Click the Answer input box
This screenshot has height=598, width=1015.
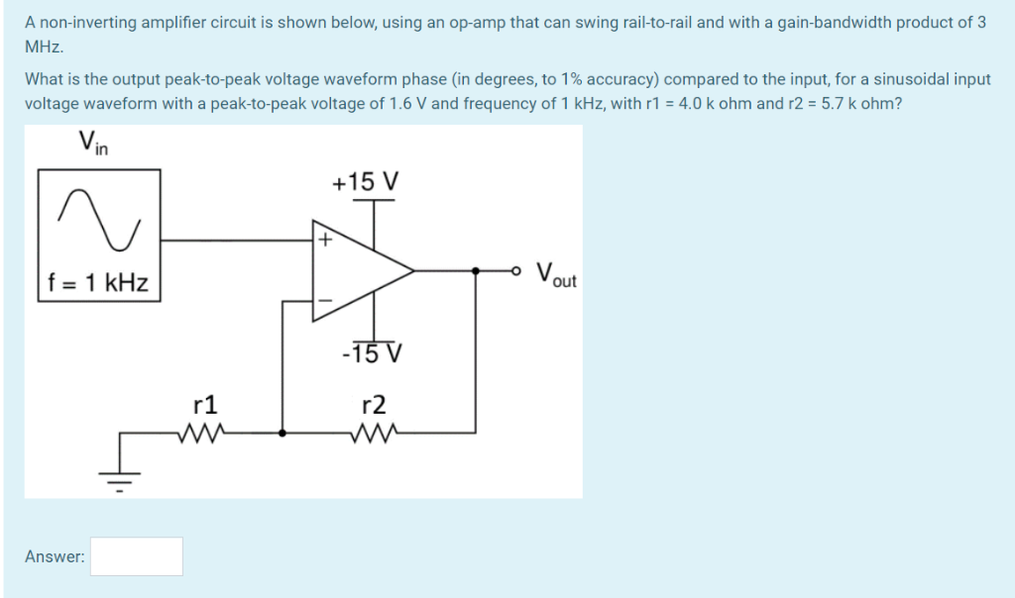(x=137, y=556)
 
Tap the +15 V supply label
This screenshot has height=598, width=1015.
(x=366, y=182)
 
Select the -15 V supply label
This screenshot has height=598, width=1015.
(x=372, y=352)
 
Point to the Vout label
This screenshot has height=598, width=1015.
(x=555, y=273)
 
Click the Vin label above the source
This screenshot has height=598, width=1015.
(x=94, y=144)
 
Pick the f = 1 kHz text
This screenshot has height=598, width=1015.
(x=99, y=282)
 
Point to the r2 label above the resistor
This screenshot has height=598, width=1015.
(x=374, y=404)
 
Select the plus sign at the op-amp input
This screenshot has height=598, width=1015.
(x=323, y=240)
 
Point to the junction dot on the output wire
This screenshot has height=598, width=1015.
(x=476, y=269)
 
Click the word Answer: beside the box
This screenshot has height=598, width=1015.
(x=55, y=556)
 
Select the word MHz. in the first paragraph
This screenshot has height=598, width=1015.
(x=44, y=47)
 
